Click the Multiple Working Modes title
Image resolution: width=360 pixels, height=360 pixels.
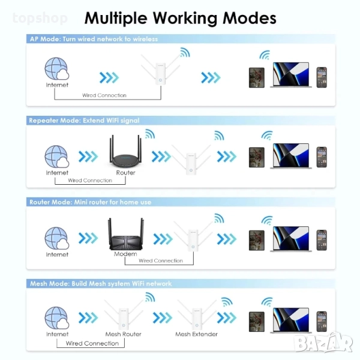180,18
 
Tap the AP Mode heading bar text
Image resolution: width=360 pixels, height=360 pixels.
94,39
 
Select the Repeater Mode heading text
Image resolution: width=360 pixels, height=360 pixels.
84,121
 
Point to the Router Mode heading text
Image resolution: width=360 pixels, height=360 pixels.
90,202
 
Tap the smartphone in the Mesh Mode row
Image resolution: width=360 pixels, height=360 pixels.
322,321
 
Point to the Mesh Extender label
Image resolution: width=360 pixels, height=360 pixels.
196,334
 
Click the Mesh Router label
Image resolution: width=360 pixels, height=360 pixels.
123,334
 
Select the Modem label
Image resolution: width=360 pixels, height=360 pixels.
125,254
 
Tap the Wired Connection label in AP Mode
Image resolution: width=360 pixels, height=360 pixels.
104,95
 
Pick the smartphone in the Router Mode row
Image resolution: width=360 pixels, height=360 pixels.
322,239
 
